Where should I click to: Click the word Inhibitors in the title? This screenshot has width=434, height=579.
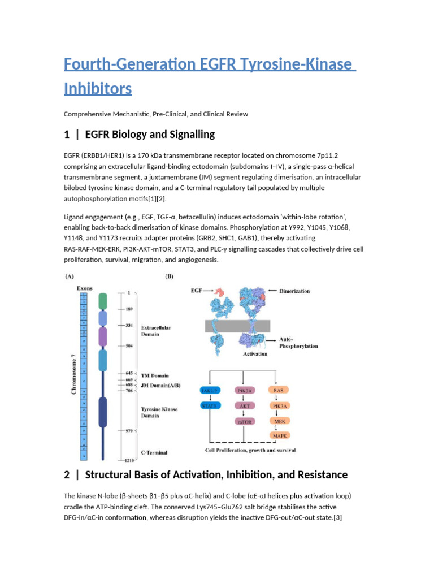pos(98,89)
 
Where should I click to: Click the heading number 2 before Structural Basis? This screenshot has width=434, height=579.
pos(67,474)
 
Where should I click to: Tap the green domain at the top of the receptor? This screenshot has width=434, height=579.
pos(102,301)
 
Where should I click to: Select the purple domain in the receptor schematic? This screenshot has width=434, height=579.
pos(102,336)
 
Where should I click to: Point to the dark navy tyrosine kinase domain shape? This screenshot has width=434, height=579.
pos(102,412)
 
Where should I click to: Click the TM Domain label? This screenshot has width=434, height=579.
pos(155,375)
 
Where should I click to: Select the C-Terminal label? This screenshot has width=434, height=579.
pos(154,452)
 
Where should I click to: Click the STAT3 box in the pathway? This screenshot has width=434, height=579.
pos(211,405)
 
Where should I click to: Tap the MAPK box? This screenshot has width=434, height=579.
pos(279,436)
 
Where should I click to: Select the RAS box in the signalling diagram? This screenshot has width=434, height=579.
pos(279,390)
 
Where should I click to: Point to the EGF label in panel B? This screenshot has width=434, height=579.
pos(196,291)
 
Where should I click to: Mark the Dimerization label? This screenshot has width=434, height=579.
pos(294,291)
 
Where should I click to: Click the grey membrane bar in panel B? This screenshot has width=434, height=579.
pos(237,326)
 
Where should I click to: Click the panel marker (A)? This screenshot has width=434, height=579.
pos(70,278)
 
